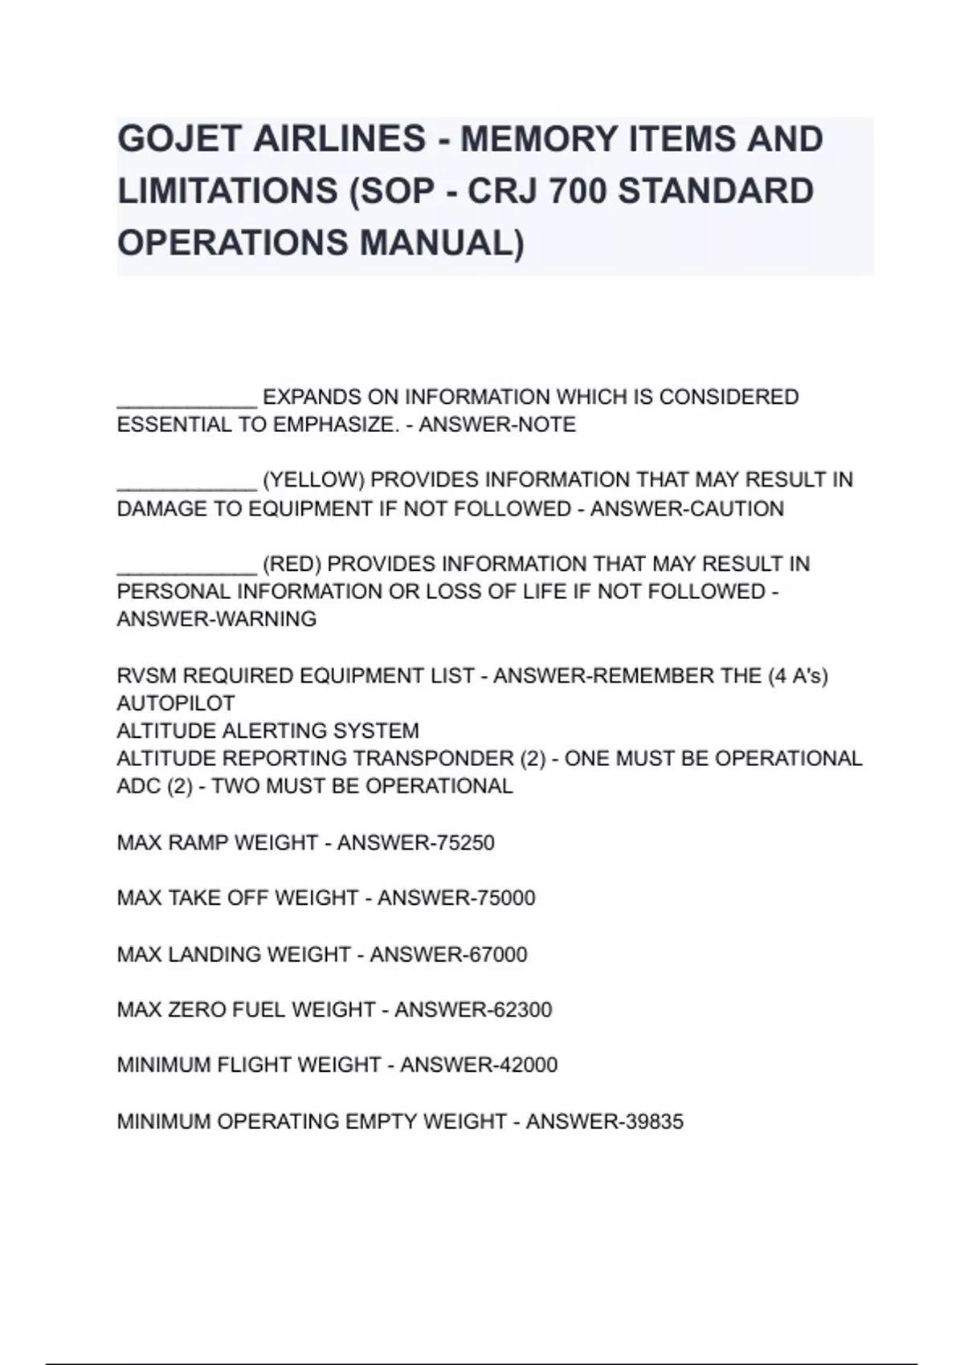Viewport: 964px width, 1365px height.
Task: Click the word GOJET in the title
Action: pos(178,139)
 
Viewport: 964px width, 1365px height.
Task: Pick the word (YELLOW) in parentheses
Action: pos(313,480)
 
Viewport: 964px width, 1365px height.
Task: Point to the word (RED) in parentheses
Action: pos(292,564)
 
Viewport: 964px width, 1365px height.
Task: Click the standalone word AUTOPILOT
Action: pos(176,703)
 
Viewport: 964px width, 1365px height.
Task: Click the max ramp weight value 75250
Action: pos(465,843)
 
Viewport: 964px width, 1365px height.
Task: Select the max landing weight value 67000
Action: pos(498,955)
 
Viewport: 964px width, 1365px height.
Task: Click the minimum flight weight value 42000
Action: pos(528,1065)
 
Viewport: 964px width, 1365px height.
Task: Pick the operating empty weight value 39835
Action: pos(654,1122)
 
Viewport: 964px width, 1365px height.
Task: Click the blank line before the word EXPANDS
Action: pos(186,399)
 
